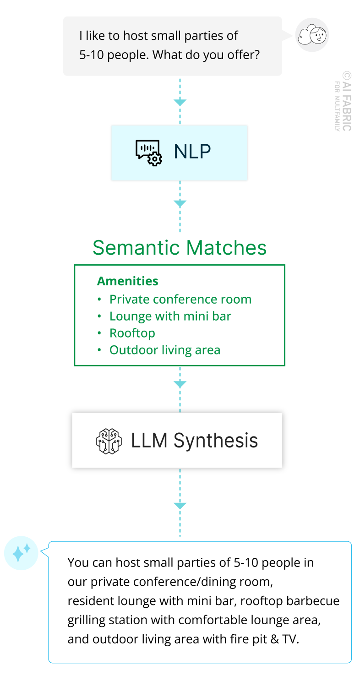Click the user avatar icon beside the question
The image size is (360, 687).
[x=312, y=35]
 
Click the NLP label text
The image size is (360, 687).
[x=192, y=152]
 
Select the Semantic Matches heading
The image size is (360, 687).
[x=180, y=248]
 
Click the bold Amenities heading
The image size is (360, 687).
[x=128, y=281]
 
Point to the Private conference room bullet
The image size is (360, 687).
[x=180, y=299]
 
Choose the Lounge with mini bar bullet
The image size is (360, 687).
[x=170, y=316]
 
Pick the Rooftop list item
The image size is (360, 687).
[x=132, y=333]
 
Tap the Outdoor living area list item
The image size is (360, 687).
[x=164, y=350]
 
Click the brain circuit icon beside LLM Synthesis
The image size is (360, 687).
[x=109, y=441]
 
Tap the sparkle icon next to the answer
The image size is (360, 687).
[x=21, y=553]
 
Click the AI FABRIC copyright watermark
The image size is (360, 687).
[x=346, y=101]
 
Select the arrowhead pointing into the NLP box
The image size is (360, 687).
[x=180, y=102]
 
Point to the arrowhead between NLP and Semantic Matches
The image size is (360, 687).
[x=180, y=203]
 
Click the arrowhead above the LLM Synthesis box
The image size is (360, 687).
[x=180, y=384]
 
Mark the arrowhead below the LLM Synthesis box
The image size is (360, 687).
[x=180, y=505]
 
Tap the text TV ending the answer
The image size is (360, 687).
[x=289, y=639]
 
